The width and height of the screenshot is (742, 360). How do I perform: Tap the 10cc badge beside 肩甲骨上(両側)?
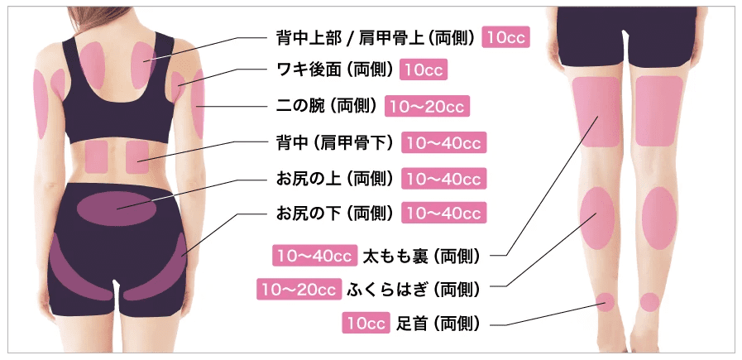tap(505, 38)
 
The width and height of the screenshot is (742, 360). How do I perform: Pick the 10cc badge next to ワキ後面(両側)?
tap(424, 70)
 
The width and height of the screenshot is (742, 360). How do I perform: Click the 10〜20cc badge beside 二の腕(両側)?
tap(427, 106)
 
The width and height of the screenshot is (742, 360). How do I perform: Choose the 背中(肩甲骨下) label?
tap(334, 142)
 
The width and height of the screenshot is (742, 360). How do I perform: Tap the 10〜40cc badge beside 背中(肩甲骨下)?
tap(444, 142)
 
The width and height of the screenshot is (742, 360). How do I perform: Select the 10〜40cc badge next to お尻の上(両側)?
tap(444, 179)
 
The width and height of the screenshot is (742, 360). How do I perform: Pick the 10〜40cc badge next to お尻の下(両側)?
tap(444, 213)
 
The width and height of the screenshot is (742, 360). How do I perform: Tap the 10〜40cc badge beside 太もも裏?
tap(314, 256)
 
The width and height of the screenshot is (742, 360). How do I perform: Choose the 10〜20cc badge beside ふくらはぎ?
tap(299, 289)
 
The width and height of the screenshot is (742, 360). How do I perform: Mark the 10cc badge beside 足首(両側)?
tap(366, 323)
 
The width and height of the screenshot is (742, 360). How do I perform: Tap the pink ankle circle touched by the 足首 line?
tap(605, 302)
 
